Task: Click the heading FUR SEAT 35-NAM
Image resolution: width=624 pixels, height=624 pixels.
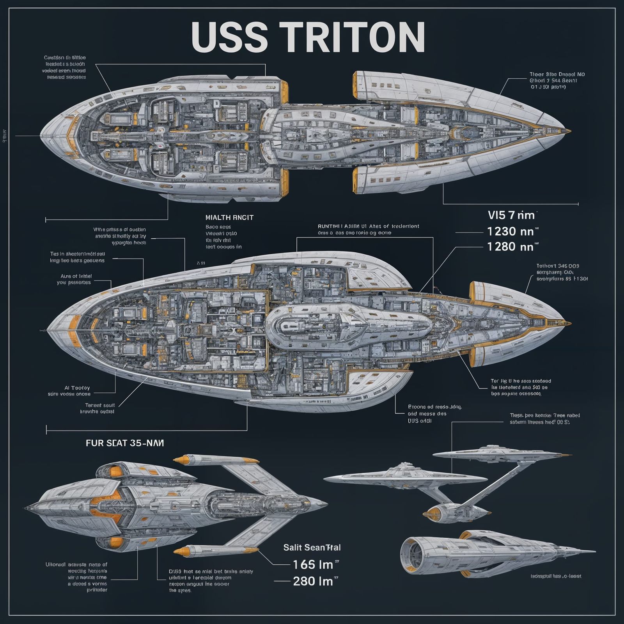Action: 125,443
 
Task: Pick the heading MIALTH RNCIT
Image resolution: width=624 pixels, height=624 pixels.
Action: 229,218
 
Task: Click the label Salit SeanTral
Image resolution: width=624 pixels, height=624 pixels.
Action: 312,548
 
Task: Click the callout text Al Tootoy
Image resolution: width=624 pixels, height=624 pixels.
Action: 77,388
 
